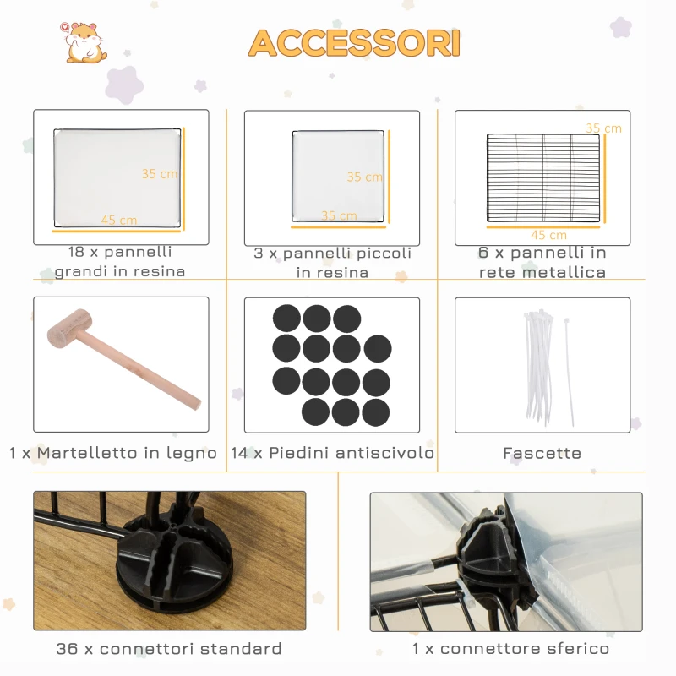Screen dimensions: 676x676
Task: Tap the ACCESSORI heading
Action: point(354,43)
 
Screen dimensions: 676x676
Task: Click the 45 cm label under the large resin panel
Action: point(119,220)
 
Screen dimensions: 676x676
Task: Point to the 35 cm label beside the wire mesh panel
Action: point(603,128)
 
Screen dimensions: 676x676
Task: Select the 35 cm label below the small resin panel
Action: point(340,215)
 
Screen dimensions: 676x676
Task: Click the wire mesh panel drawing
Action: point(543,177)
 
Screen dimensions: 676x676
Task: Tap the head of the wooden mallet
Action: point(70,330)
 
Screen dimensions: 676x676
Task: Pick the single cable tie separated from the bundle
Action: point(569,372)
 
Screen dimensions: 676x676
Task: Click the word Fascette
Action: point(542,453)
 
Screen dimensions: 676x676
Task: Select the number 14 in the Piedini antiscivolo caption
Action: point(239,453)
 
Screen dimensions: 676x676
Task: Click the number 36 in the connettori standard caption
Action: point(67,649)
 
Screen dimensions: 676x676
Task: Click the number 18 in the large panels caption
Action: point(76,252)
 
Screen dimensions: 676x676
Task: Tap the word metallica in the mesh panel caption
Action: point(564,272)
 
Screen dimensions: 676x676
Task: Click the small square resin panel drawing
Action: point(338,177)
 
